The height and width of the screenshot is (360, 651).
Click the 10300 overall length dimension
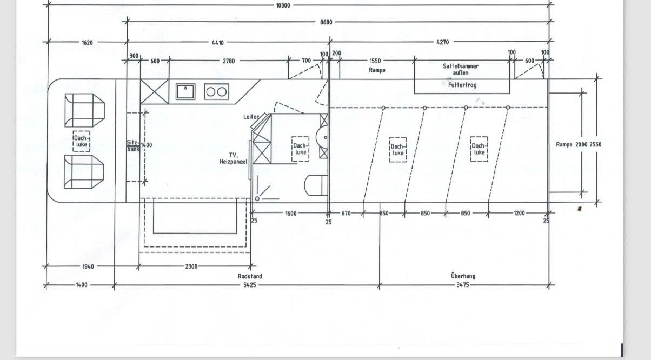pyautogui.click(x=283, y=5)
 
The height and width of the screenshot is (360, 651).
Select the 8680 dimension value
pyautogui.click(x=326, y=22)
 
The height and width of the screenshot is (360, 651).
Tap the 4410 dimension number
pyautogui.click(x=218, y=43)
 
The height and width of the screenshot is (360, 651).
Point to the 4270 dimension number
pyautogui.click(x=443, y=42)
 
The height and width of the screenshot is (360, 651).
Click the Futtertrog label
pyautogui.click(x=462, y=85)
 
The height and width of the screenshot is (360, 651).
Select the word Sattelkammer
pyautogui.click(x=461, y=66)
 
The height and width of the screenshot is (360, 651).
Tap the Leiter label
pyautogui.click(x=251, y=117)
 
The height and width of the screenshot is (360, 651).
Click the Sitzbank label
pyautogui.click(x=133, y=146)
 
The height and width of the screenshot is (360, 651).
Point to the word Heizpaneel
pyautogui.click(x=233, y=162)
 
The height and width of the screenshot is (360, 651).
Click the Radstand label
pyautogui.click(x=250, y=276)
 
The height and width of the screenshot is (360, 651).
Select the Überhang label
pyautogui.click(x=463, y=276)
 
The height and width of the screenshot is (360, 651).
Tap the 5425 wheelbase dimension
pyautogui.click(x=250, y=285)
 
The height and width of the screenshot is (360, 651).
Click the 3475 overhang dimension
pyautogui.click(x=463, y=285)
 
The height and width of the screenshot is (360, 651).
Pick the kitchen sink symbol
pyautogui.click(x=185, y=91)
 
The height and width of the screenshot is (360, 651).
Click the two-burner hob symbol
pyautogui.click(x=216, y=92)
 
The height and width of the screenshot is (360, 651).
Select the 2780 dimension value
pyautogui.click(x=229, y=61)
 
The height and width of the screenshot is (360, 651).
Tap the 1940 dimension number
pyautogui.click(x=88, y=266)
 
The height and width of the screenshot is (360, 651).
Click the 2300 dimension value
pyautogui.click(x=191, y=266)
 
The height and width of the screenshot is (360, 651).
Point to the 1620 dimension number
pyautogui.click(x=87, y=43)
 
